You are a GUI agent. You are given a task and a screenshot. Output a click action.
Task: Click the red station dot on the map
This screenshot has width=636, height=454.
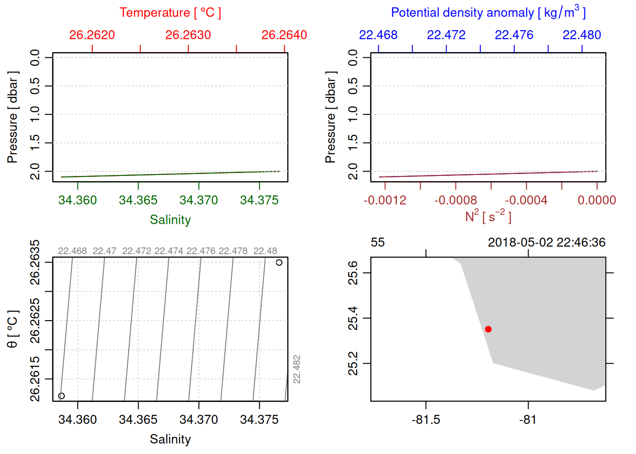pos(488,329)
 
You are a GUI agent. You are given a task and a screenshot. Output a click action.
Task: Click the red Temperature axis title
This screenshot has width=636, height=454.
pos(170,13)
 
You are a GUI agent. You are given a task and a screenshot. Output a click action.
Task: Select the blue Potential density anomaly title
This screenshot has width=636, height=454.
pos(488,13)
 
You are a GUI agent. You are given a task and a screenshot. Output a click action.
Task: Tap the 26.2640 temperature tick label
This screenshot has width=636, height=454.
pos(284,35)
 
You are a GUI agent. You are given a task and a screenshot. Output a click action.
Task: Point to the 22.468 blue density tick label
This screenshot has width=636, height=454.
pos(378,35)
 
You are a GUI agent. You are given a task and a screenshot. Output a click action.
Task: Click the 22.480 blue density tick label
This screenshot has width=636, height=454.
pos(582,35)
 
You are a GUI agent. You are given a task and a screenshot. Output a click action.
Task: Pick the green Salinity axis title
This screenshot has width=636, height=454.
pos(170,220)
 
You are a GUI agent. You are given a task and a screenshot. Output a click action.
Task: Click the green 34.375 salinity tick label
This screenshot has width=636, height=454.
pos(259,200)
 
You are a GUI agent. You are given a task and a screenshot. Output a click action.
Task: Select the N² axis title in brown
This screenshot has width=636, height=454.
pos(488,217)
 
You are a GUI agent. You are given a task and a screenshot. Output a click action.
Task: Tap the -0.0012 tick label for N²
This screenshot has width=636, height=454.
pos(385,200)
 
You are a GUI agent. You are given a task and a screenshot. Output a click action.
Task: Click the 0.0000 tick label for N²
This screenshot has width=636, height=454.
pos(597,200)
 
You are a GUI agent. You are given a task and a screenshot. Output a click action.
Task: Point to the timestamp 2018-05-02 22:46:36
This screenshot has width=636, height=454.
pos(547,243)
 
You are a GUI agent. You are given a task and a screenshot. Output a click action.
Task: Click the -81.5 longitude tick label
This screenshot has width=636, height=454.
pos(426,419)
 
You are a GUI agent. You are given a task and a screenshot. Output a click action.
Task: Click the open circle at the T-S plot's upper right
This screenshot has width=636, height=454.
pos(279,262)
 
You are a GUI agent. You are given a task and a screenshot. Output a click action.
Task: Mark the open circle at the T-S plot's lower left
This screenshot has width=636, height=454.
pos(62,396)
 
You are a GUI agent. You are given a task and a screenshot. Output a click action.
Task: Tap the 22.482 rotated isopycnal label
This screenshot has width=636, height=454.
pos(297,369)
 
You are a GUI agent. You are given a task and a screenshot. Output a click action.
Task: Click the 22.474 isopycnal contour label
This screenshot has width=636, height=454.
pos(169,251)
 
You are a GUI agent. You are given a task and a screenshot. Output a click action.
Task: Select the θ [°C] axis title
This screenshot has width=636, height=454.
pos(13,329)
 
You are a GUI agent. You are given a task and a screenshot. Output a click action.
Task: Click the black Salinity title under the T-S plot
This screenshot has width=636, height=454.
pos(170,439)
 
